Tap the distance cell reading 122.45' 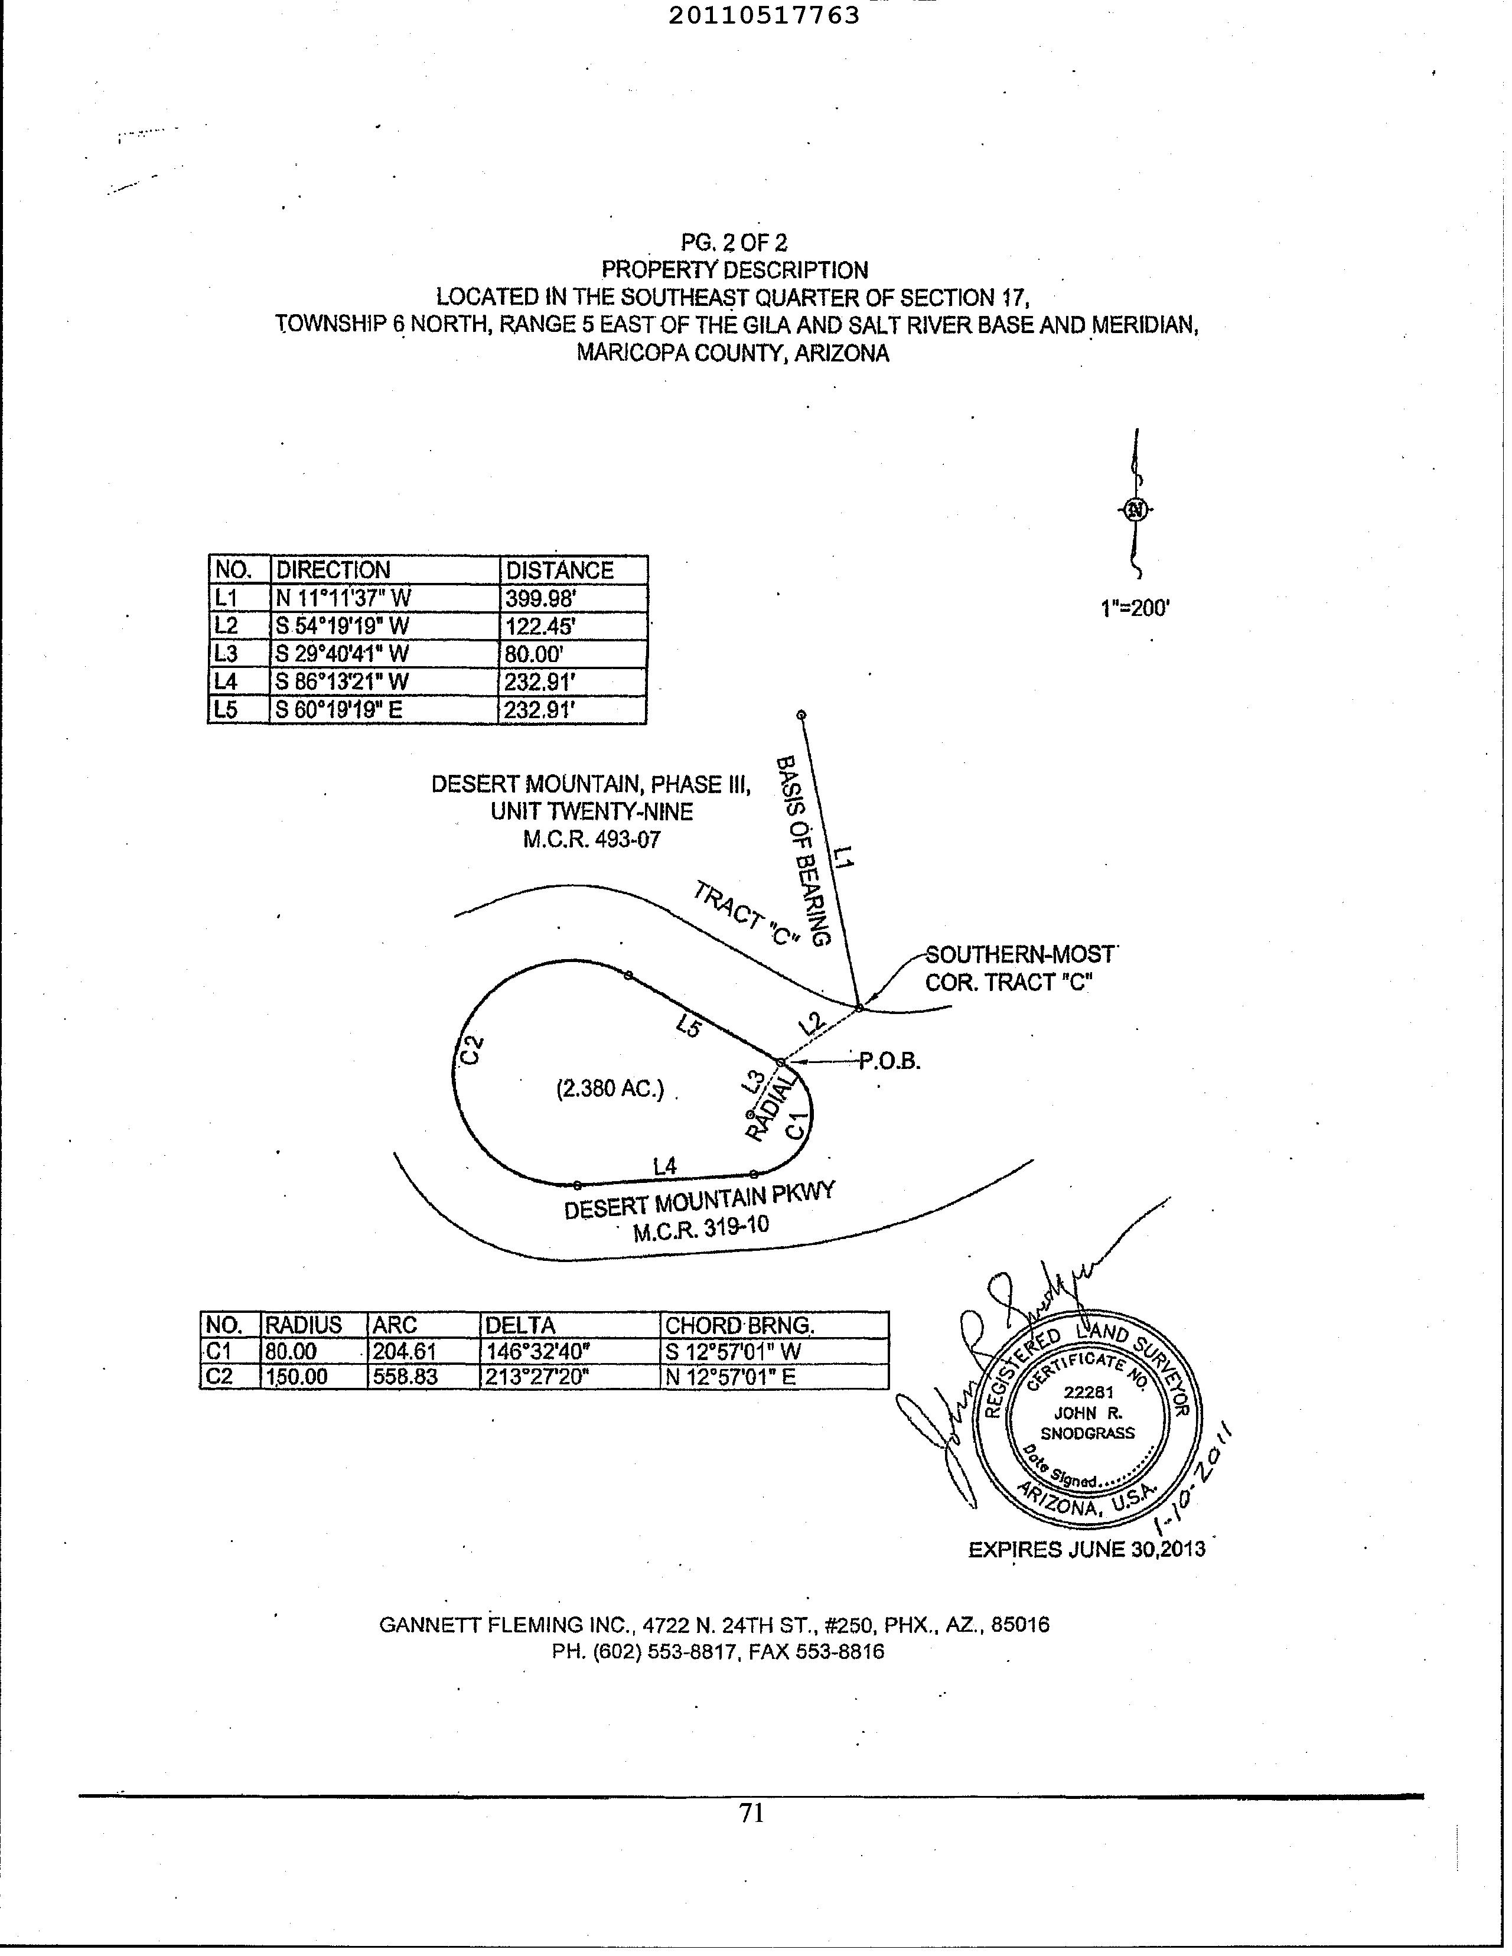(x=540, y=626)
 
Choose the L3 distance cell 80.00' (x=534, y=654)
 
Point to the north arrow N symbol (x=1136, y=510)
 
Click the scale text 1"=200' (x=1135, y=609)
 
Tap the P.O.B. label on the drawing (x=889, y=1062)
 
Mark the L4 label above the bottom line (x=664, y=1166)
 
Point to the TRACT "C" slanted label (x=746, y=914)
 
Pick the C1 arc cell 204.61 (x=404, y=1351)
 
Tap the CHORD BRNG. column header (x=739, y=1325)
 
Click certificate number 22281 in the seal (x=1089, y=1393)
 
